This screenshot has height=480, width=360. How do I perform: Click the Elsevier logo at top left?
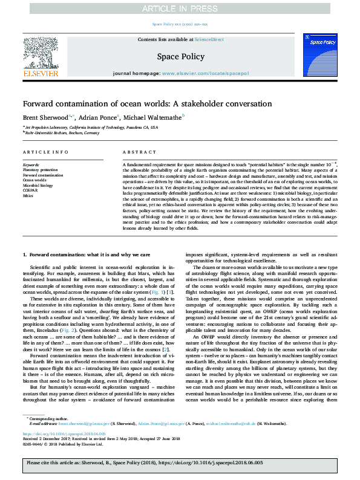[41, 58]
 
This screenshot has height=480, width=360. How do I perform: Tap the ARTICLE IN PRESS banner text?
[180, 8]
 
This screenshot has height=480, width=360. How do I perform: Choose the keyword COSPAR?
[30, 190]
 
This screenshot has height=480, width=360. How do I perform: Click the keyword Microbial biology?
[37, 185]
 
